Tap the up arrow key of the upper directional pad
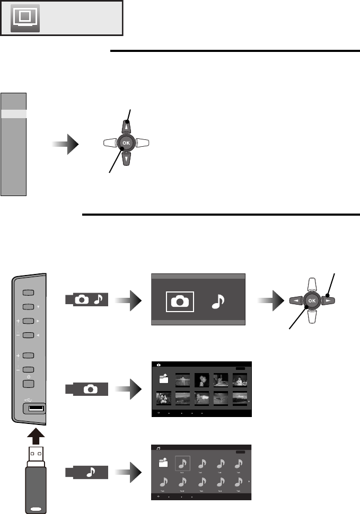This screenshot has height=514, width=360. (126, 127)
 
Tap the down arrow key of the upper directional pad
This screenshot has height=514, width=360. (126, 159)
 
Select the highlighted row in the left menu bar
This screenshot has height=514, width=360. (13, 113)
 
